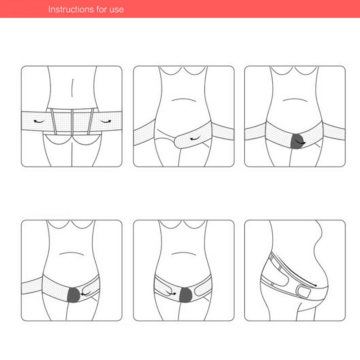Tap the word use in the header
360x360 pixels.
point(117,10)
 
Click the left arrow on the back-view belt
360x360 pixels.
point(39,121)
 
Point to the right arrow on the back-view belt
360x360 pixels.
point(106,121)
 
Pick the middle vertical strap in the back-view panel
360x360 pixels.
point(72,122)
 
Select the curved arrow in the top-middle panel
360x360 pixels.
point(195,139)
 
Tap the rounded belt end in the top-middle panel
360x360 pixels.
point(178,142)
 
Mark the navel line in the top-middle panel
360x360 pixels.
point(184,100)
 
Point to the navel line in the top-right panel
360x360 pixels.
point(295,100)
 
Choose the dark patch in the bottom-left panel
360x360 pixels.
point(73,295)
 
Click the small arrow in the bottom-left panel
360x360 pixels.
point(85,294)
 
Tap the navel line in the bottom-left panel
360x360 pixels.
point(72,253)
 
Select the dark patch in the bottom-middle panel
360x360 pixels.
point(186,295)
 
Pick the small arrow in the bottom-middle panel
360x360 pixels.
point(171,293)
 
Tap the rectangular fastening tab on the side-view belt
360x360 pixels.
point(303,292)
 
